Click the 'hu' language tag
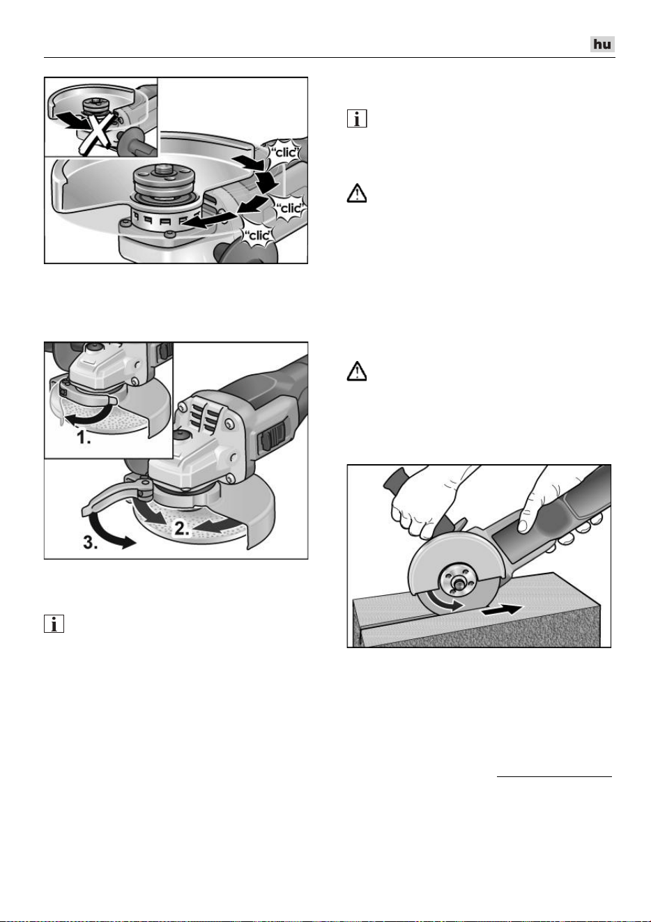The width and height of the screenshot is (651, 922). [602, 45]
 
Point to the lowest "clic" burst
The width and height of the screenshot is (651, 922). [257, 236]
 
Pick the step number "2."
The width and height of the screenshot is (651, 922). [182, 528]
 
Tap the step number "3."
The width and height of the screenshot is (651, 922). [91, 544]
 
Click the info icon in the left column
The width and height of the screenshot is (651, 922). [54, 624]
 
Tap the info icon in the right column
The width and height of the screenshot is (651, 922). [357, 118]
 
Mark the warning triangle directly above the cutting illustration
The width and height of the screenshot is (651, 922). [357, 371]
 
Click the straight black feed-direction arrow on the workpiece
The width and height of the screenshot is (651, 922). [503, 610]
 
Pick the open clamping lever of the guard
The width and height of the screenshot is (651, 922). [113, 493]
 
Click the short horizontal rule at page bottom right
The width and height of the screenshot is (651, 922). [554, 777]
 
